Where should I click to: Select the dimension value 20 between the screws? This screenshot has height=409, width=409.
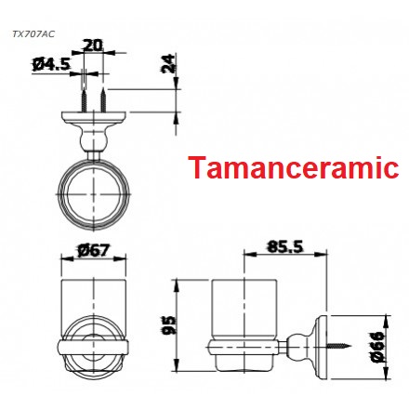[x=93, y=45]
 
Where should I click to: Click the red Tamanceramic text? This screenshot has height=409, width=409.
[x=293, y=169]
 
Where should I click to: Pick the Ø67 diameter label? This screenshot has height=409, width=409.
[x=96, y=249]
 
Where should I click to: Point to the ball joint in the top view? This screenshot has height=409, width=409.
[x=94, y=140]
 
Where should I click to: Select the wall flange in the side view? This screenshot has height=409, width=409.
[x=321, y=345]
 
